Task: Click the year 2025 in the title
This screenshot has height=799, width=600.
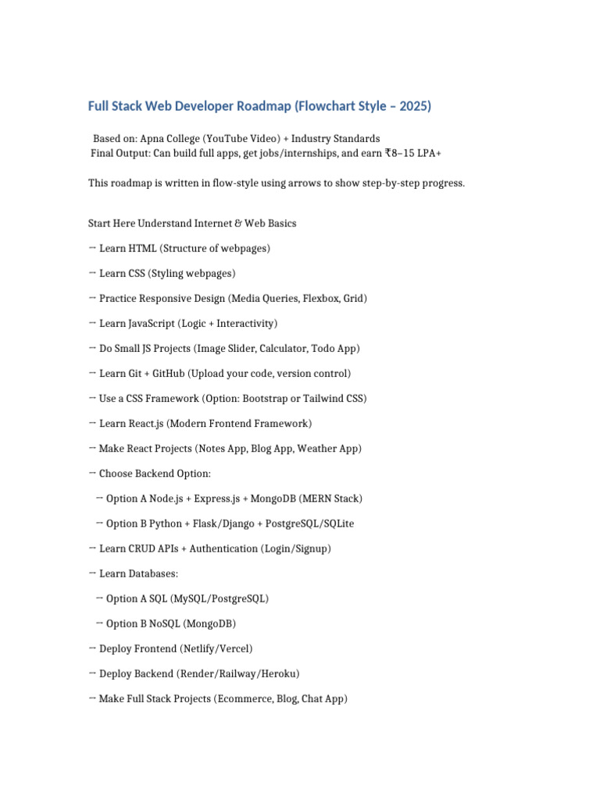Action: [x=414, y=106]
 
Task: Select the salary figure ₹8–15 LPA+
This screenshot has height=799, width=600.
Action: [x=412, y=153]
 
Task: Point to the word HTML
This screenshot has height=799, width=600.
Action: [x=143, y=248]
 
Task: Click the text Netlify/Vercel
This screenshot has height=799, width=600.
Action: [x=216, y=648]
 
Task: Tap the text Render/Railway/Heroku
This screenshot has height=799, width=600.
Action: [x=237, y=673]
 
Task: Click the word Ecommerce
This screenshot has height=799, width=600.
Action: [x=245, y=699]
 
